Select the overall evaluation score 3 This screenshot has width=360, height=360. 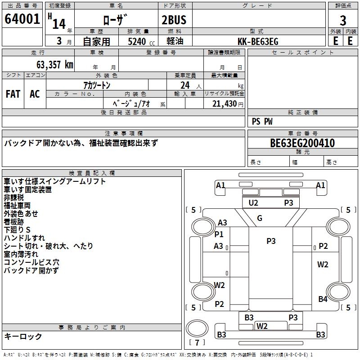[343, 21]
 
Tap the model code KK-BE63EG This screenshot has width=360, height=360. [257, 41]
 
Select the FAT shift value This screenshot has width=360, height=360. [13, 94]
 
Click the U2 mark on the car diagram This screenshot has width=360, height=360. [253, 203]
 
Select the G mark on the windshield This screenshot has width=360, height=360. [260, 218]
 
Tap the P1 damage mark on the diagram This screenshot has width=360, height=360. [219, 234]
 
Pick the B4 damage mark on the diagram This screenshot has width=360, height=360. [323, 299]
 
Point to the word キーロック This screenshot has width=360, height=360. [23, 337]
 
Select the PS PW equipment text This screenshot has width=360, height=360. [262, 121]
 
